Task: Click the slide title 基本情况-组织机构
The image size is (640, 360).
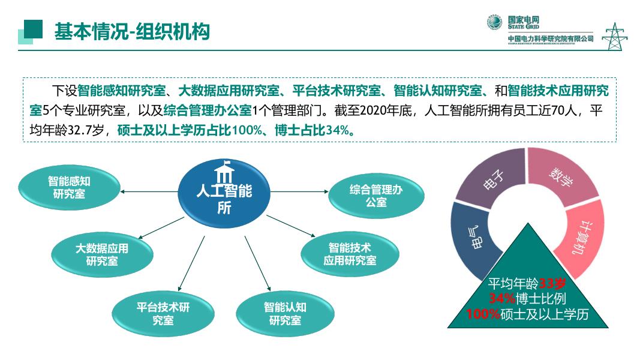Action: click(x=132, y=31)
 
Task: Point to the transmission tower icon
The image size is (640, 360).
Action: click(x=614, y=36)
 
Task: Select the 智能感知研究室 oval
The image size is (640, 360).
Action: click(x=69, y=187)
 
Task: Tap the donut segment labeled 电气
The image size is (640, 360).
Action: click(x=471, y=238)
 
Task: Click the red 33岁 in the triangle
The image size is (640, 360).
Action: click(x=549, y=284)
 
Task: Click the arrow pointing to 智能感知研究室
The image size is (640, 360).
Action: click(x=150, y=191)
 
